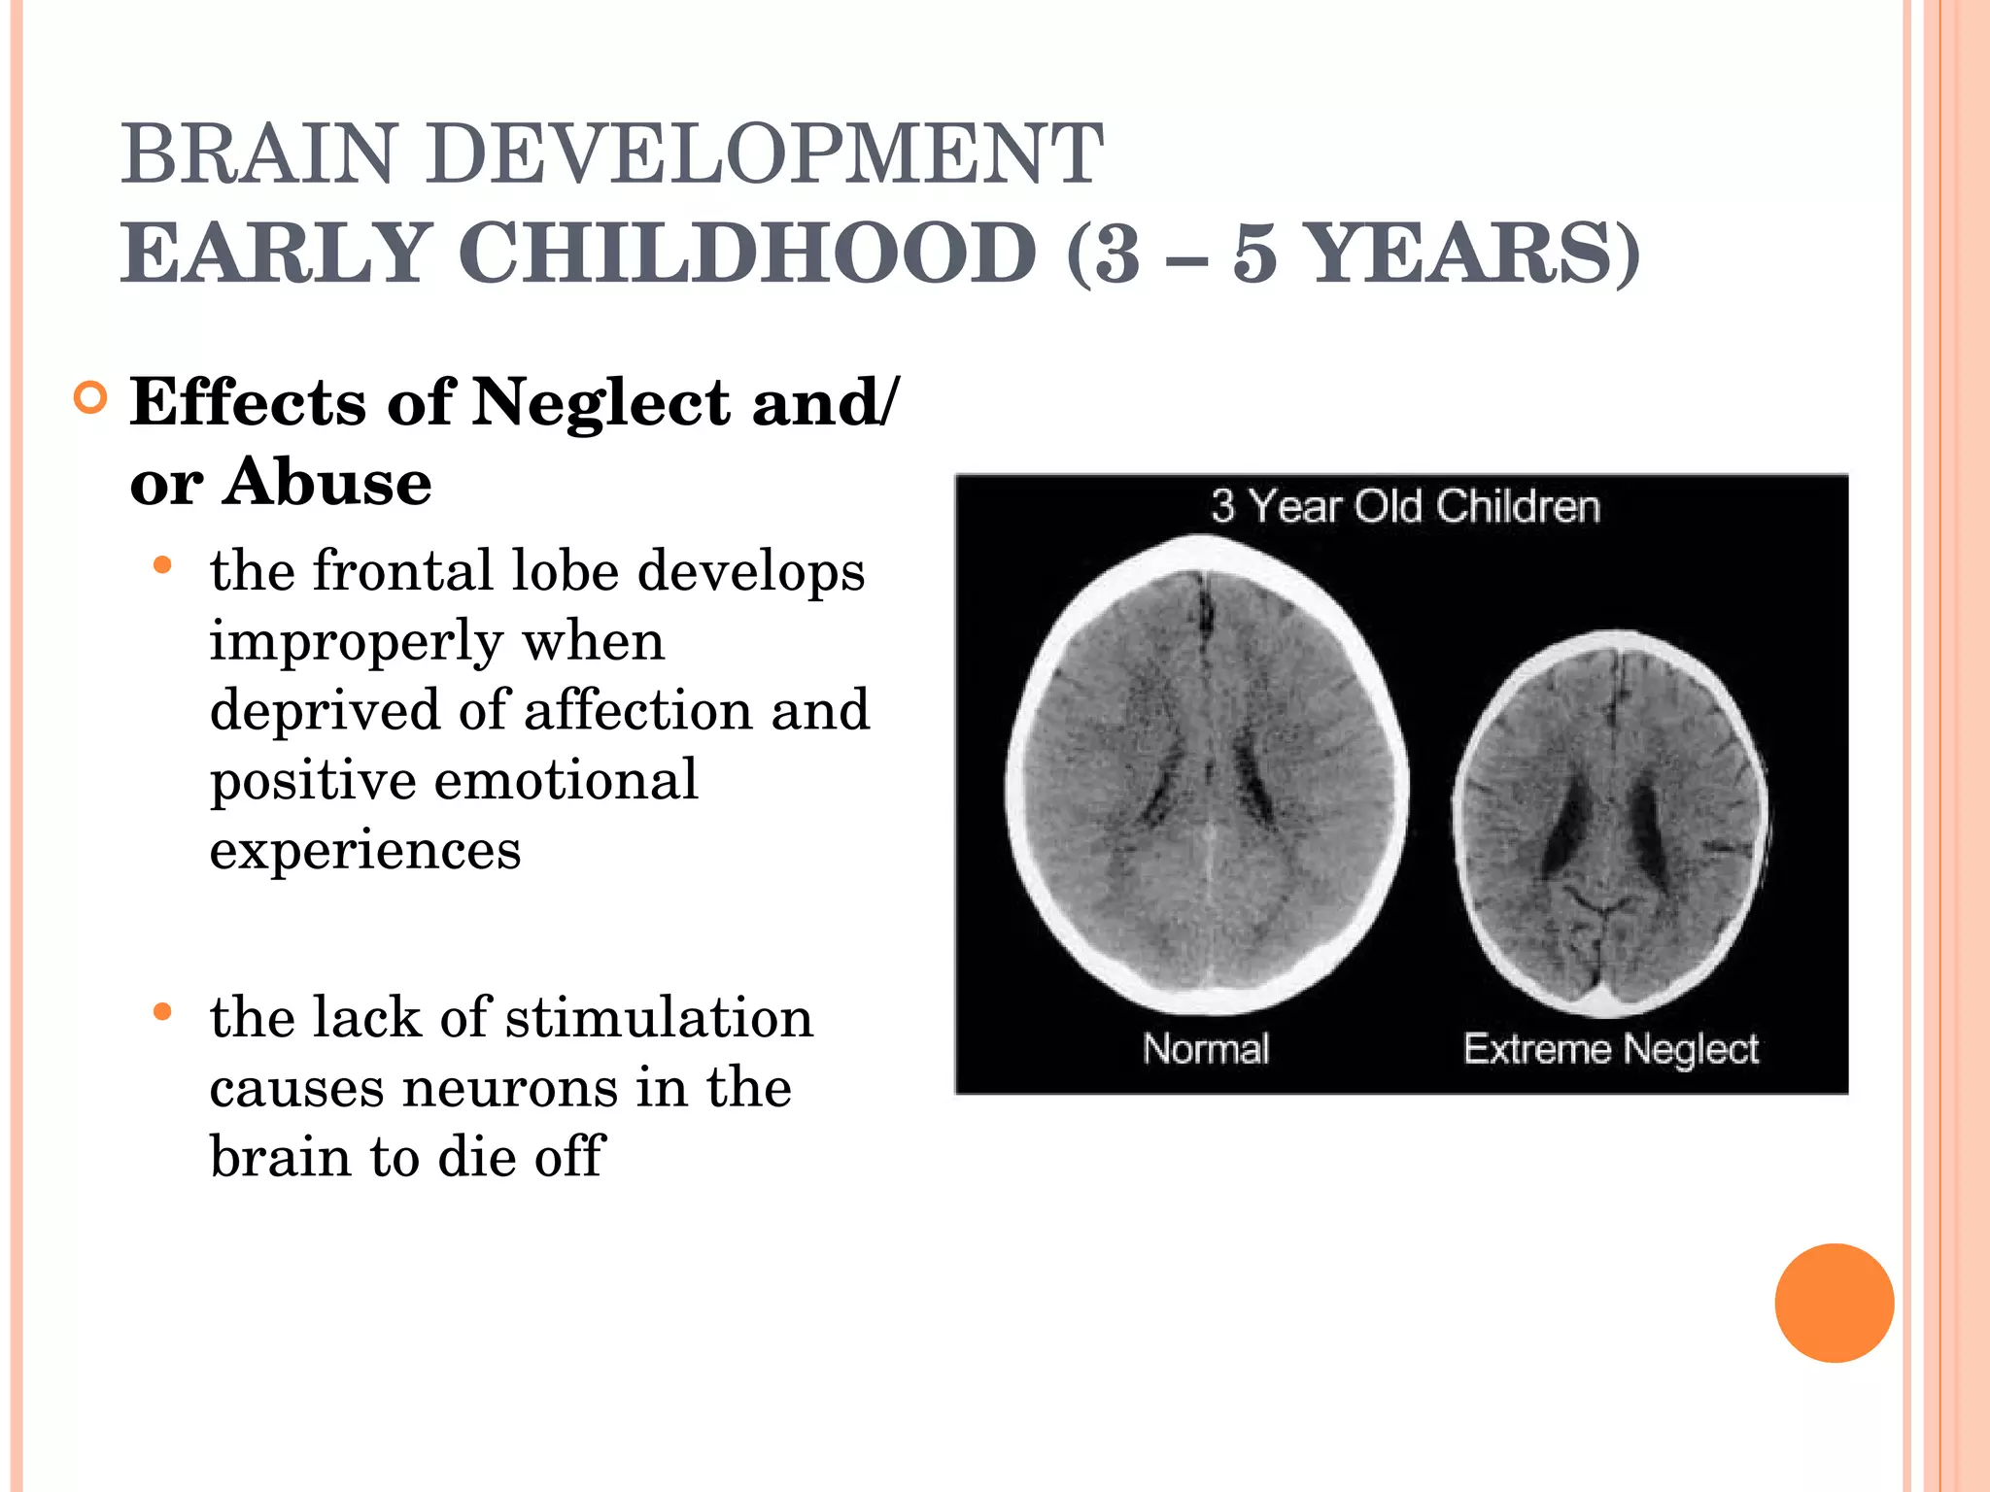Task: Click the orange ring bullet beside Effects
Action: [x=90, y=398]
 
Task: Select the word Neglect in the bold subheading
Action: [x=600, y=402]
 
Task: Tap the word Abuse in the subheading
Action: [x=327, y=482]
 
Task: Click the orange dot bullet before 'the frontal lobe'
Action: [x=162, y=565]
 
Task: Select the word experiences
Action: [x=365, y=851]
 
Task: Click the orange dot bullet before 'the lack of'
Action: [x=162, y=1013]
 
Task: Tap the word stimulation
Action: [x=659, y=1018]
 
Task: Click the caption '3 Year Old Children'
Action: [x=1405, y=506]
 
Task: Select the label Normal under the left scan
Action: [x=1206, y=1049]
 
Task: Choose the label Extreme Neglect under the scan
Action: [x=1611, y=1049]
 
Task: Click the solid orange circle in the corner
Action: [x=1834, y=1303]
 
